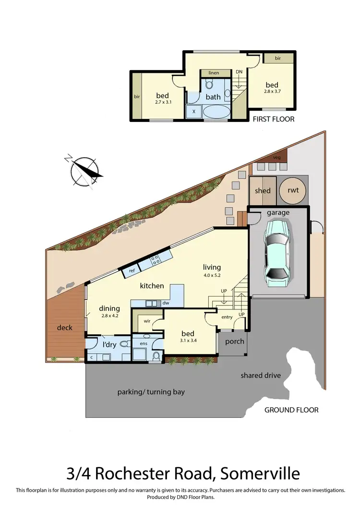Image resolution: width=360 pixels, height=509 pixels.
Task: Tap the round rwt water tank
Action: click(x=293, y=190)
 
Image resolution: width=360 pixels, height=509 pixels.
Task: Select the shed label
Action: click(x=263, y=190)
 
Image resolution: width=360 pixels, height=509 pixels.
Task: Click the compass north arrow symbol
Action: click(x=86, y=171)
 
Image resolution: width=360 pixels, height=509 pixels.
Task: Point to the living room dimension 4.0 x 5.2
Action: click(x=212, y=275)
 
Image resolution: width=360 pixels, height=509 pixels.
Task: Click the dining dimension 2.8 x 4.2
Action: click(x=109, y=316)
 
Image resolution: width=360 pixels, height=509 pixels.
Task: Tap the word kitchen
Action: click(x=152, y=285)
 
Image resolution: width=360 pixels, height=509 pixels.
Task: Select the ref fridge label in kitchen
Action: click(x=131, y=271)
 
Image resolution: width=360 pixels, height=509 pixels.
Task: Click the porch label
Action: click(x=235, y=342)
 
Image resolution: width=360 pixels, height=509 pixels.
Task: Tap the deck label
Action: click(x=65, y=327)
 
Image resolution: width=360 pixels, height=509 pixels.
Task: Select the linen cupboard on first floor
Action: click(x=214, y=73)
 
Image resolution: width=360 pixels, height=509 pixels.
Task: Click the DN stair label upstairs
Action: click(x=239, y=72)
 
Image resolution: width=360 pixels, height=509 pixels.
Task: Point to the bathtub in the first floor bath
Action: click(x=217, y=112)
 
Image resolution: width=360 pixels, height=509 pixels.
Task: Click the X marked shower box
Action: click(x=193, y=111)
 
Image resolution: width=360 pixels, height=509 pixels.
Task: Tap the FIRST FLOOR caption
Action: click(x=274, y=119)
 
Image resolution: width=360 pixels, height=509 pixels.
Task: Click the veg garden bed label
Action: click(x=276, y=157)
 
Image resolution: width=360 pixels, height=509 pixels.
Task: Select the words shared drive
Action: click(x=261, y=375)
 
